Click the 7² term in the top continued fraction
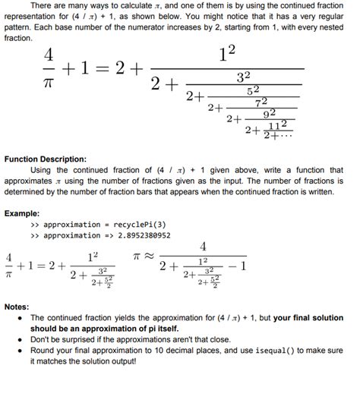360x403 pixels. [261, 102]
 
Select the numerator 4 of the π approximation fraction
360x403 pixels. [204, 247]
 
